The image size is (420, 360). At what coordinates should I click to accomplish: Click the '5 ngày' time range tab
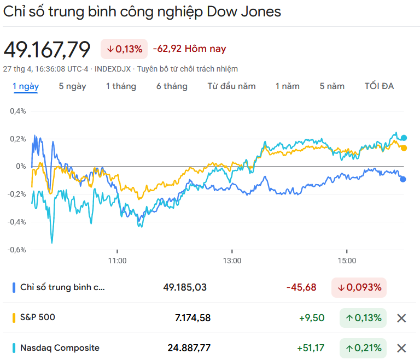[72, 86]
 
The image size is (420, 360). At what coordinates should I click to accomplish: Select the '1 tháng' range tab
[121, 86]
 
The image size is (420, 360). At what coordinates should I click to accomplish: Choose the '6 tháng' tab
[172, 86]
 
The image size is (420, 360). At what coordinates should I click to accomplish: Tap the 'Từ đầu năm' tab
[231, 86]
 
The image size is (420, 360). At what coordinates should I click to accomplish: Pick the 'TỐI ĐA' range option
[379, 86]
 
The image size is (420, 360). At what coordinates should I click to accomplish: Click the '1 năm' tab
[288, 86]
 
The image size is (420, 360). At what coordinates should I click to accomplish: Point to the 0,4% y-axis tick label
[17, 111]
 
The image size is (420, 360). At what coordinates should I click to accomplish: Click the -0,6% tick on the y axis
[16, 250]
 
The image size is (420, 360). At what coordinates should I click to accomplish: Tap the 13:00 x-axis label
[232, 261]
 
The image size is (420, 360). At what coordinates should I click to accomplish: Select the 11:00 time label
[117, 261]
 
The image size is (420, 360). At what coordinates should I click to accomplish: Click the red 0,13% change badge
[124, 49]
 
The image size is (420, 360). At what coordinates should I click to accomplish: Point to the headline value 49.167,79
[47, 50]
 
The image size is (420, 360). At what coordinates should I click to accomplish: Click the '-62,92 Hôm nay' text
[189, 49]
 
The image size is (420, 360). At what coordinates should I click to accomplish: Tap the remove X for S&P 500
[401, 318]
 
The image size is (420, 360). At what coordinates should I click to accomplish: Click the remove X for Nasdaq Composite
[401, 348]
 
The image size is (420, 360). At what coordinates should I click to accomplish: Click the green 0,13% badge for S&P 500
[363, 318]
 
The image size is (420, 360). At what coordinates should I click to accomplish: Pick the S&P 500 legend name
[38, 317]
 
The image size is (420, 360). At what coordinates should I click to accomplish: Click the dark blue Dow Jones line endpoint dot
[403, 179]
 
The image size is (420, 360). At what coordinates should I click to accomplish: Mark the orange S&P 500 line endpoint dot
[404, 148]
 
